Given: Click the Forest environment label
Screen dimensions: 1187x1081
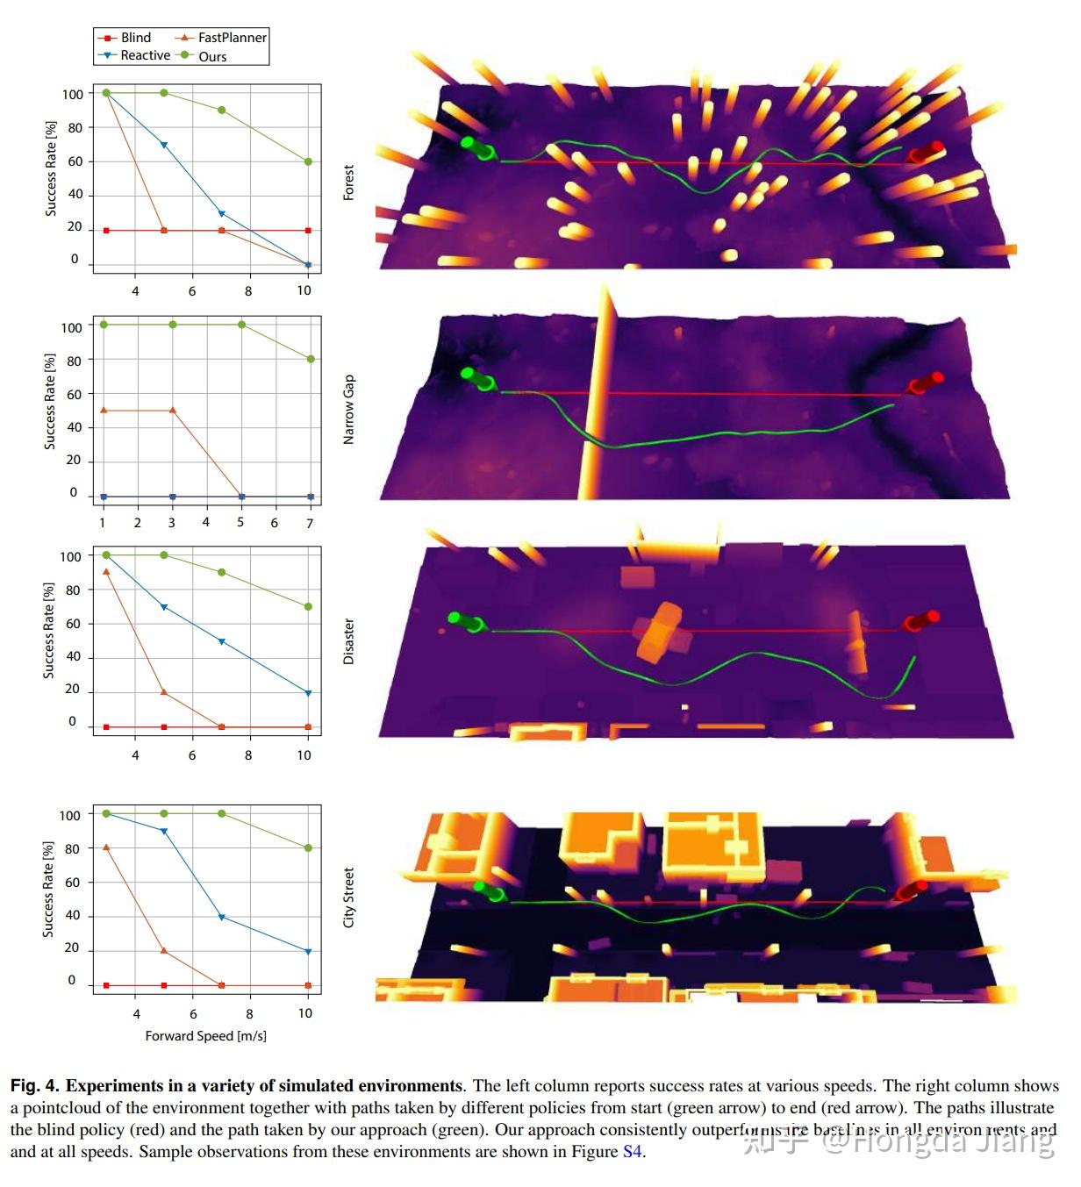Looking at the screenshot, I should click(x=348, y=182).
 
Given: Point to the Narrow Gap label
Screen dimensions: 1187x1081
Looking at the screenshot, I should click(x=348, y=409).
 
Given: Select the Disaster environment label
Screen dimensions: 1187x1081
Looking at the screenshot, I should click(x=348, y=641).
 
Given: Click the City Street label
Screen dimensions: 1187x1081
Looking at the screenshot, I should click(x=348, y=897).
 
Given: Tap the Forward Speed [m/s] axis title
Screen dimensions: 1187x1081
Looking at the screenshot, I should click(x=206, y=1036).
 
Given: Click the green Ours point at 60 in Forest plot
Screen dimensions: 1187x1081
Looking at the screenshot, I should click(x=308, y=161).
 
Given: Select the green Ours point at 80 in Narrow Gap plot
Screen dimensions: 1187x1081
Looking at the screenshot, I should click(x=311, y=359).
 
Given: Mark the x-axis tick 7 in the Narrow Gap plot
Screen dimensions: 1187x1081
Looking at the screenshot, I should click(x=310, y=523).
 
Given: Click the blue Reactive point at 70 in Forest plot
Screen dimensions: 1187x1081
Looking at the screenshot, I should click(x=164, y=145).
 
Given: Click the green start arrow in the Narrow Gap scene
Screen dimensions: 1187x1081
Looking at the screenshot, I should click(x=477, y=380).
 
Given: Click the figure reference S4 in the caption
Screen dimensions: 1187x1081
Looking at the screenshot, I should click(x=632, y=1151).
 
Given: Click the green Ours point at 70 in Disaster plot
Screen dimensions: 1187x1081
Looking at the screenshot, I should click(x=308, y=607).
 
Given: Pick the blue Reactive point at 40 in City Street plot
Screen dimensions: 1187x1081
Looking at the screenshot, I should click(x=221, y=918).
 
